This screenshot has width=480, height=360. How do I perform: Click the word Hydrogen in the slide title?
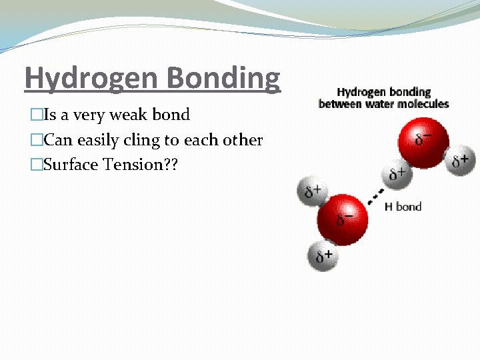(92, 78)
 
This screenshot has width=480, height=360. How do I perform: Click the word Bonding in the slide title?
(224, 78)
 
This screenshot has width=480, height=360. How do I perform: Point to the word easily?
(100, 140)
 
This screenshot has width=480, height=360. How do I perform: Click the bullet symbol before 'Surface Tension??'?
(36, 165)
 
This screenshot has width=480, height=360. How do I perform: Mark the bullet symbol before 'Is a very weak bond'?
(36, 115)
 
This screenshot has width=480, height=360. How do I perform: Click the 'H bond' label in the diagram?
(403, 207)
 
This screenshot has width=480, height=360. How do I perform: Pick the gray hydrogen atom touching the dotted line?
(396, 175)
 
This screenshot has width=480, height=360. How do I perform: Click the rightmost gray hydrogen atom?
(460, 160)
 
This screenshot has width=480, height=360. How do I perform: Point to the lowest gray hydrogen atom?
(323, 255)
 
